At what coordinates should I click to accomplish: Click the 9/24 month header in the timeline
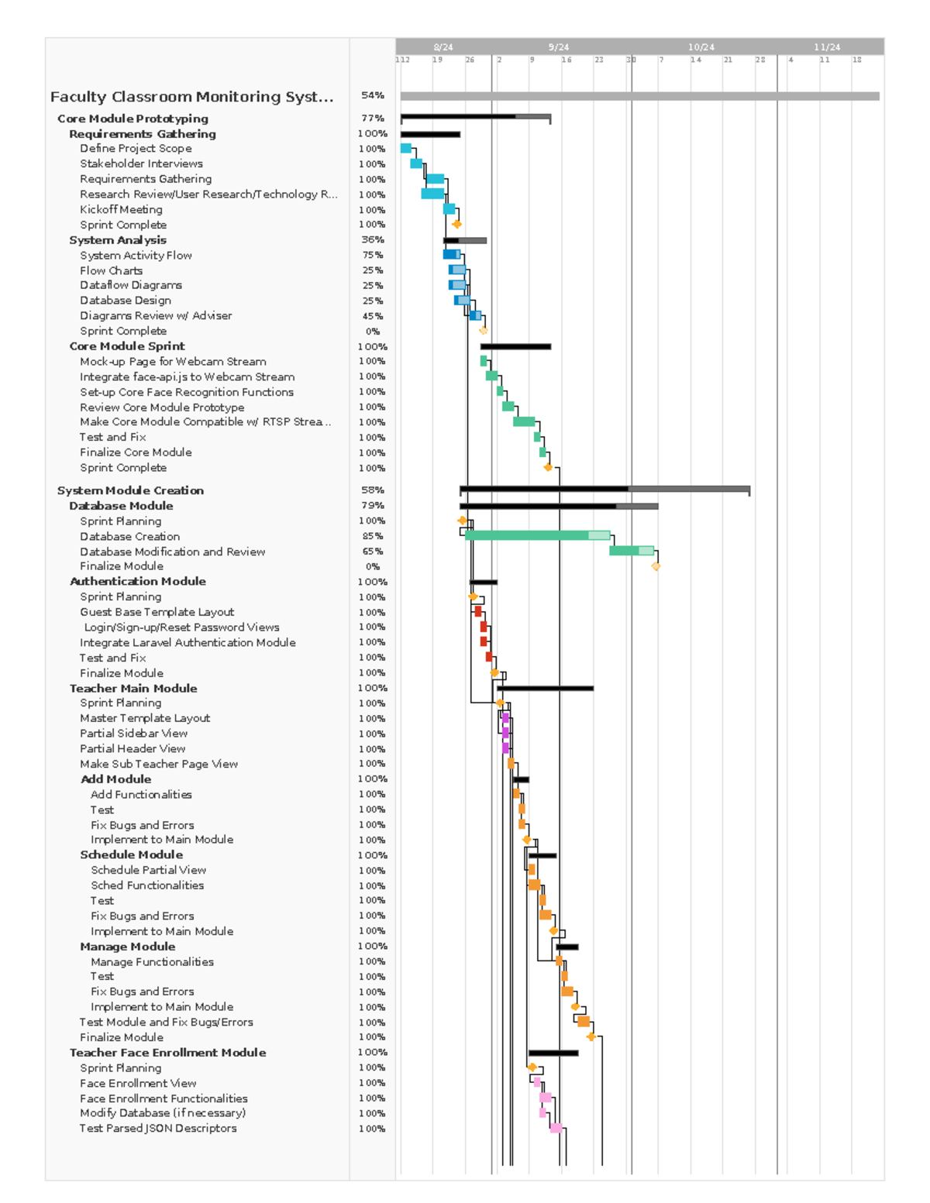(x=558, y=47)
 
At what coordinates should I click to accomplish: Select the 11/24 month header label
(x=827, y=47)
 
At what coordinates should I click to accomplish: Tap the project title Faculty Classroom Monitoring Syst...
(x=191, y=97)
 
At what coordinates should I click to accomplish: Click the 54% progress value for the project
(x=373, y=95)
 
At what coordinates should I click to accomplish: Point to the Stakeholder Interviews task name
(x=141, y=163)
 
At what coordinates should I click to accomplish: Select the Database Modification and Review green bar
(x=631, y=551)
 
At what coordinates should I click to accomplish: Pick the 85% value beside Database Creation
(x=373, y=536)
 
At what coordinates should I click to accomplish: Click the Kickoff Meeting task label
(x=121, y=209)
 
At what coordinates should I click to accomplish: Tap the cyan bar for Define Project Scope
(x=405, y=148)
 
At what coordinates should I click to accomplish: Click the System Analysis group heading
(x=118, y=240)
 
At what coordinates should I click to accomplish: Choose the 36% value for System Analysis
(x=373, y=240)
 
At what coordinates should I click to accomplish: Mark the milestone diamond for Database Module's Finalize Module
(x=656, y=566)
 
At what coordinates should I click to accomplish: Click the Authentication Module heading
(x=138, y=581)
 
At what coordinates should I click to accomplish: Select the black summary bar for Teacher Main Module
(x=545, y=688)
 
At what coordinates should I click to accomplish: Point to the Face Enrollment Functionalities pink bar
(x=546, y=1098)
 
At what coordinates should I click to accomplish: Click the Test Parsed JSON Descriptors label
(x=158, y=1128)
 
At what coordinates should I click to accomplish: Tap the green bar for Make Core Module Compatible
(x=524, y=421)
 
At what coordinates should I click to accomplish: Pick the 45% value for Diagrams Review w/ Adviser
(x=373, y=316)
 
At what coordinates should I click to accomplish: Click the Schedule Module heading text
(x=132, y=854)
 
